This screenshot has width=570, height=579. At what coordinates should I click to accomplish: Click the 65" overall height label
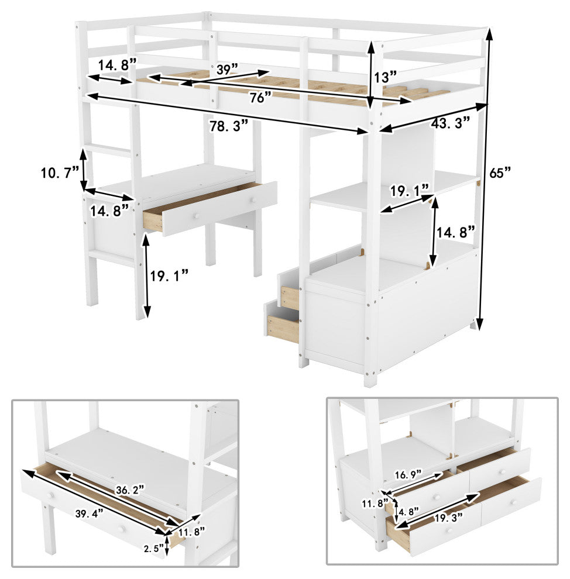(x=500, y=173)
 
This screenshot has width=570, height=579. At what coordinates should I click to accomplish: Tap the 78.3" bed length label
(x=229, y=126)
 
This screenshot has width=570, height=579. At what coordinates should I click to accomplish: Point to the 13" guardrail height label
(x=385, y=77)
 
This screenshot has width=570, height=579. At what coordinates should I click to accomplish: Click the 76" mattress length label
(x=260, y=98)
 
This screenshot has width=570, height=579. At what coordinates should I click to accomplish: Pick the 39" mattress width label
(x=227, y=69)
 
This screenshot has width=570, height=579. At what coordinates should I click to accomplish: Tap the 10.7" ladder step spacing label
(x=60, y=173)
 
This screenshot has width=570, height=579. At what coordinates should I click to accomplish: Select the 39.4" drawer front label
(x=89, y=513)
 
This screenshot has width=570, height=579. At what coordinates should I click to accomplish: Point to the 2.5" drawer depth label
(x=153, y=549)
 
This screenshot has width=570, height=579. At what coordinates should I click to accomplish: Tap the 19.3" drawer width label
(x=448, y=518)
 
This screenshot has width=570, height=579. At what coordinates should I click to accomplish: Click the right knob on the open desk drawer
(x=253, y=200)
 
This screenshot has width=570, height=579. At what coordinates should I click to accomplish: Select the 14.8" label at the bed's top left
(x=118, y=65)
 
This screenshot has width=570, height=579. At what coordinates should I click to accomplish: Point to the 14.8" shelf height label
(x=456, y=233)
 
